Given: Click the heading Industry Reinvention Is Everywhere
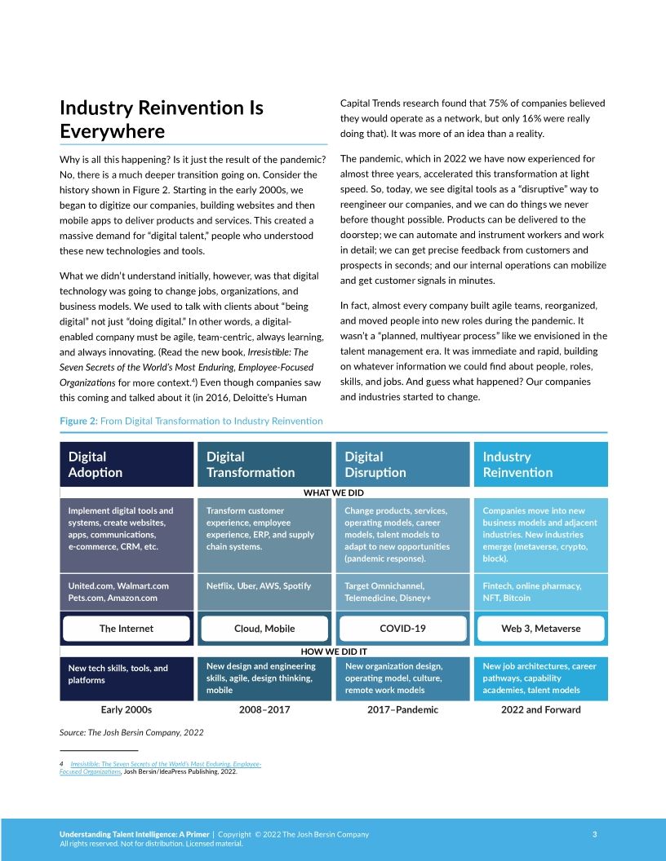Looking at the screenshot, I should tap(162, 120).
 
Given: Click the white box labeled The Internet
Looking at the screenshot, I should tap(127, 629).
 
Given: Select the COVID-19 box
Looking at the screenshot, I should tap(402, 629).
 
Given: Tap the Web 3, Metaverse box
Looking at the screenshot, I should tap(540, 629).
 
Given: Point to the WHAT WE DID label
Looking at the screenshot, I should tap(333, 492).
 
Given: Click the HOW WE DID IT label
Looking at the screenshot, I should tap(334, 651).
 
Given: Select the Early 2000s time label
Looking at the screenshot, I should tap(126, 709).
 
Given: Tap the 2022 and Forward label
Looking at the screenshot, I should tap(540, 709).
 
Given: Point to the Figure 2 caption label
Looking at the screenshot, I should tap(191, 421).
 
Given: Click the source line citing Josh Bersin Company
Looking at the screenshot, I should tap(132, 733).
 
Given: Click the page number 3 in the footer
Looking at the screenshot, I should tap(594, 834).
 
